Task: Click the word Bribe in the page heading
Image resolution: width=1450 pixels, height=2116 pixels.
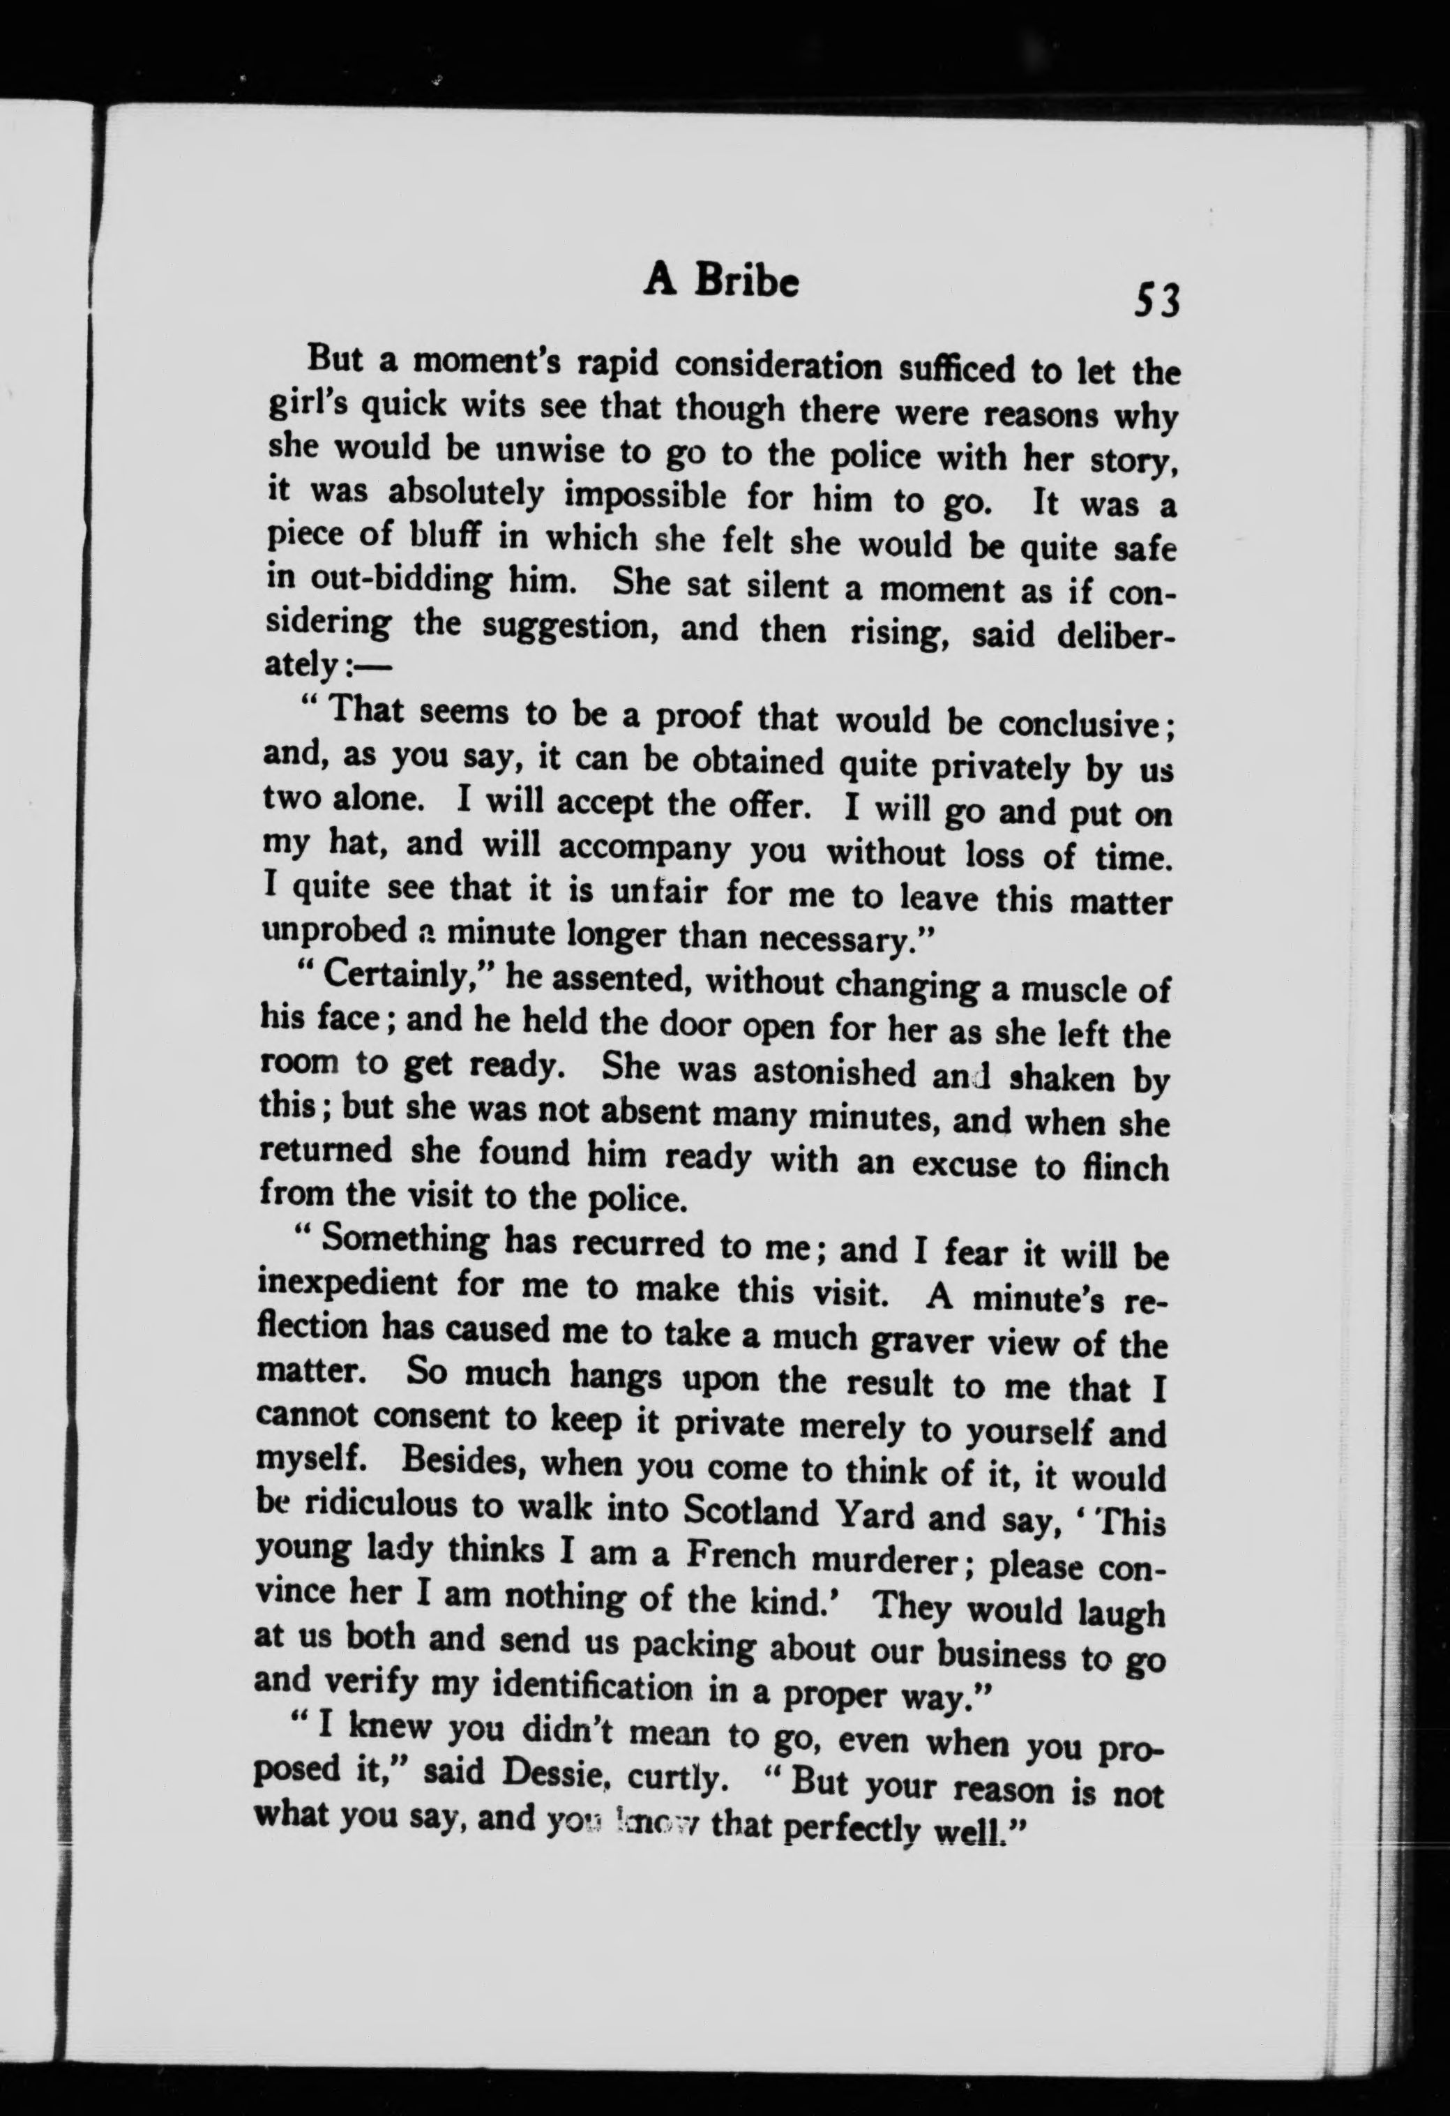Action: click(746, 284)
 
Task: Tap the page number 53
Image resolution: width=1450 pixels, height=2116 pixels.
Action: click(1155, 299)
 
